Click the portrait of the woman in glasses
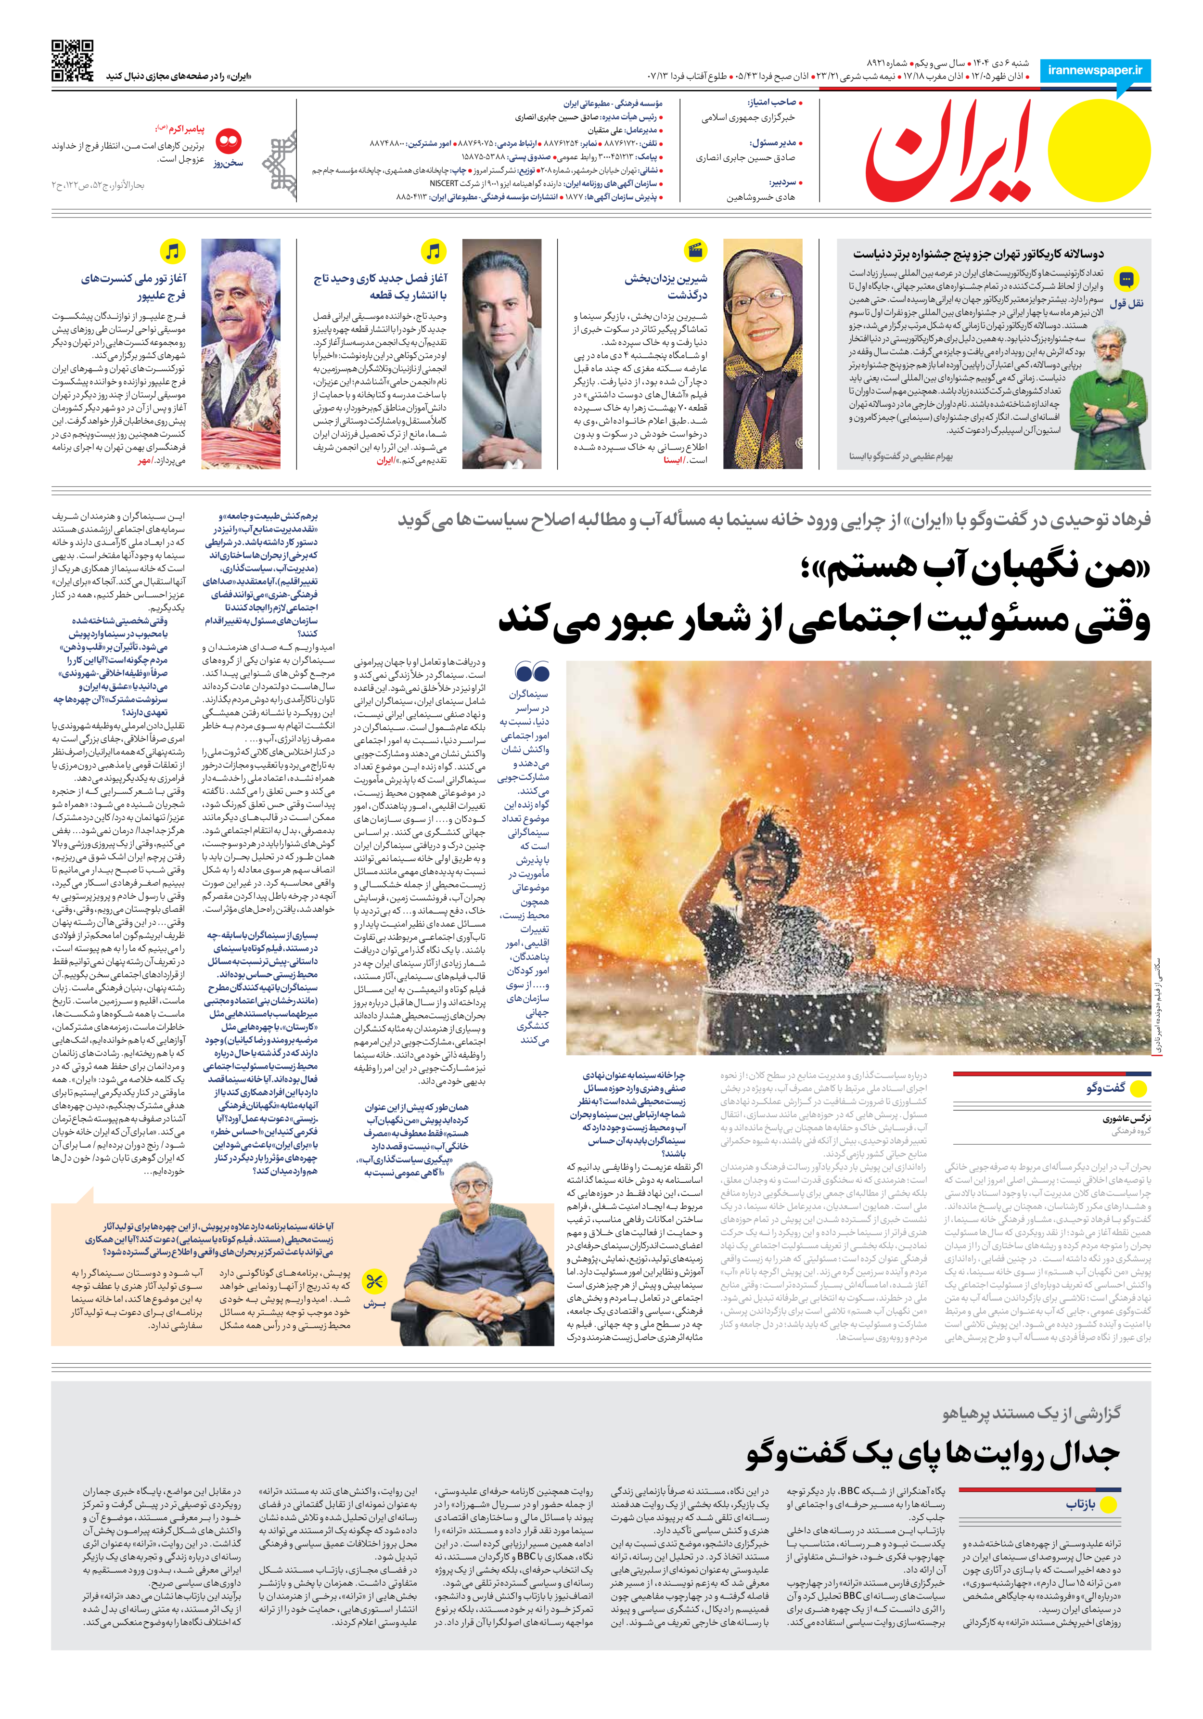[762, 353]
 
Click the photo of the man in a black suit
[501, 353]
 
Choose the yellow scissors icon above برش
[375, 1282]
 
